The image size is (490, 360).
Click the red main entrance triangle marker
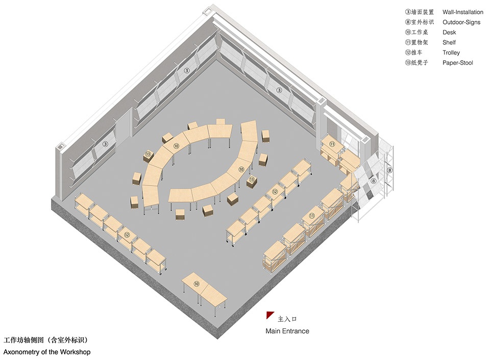point(269,315)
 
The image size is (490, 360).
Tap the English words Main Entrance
point(287,331)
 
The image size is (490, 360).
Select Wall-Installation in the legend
point(463,12)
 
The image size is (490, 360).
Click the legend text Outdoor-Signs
point(461,22)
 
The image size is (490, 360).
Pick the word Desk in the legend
point(449,33)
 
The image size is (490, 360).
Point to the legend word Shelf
point(449,42)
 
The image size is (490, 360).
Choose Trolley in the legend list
point(451,53)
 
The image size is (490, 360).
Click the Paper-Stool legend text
point(457,63)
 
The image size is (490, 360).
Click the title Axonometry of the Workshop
point(47,352)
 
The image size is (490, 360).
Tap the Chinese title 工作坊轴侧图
point(23,340)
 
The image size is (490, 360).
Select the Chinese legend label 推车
point(416,53)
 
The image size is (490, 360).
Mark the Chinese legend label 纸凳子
point(420,62)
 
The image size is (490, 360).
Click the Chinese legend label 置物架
point(420,42)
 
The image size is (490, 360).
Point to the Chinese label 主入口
point(287,319)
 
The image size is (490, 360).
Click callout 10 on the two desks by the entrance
point(196,284)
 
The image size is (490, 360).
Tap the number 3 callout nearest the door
point(105,144)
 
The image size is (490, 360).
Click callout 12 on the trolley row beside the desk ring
point(275,192)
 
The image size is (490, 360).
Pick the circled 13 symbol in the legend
point(408,62)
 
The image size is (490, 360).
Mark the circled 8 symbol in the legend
point(408,22)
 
